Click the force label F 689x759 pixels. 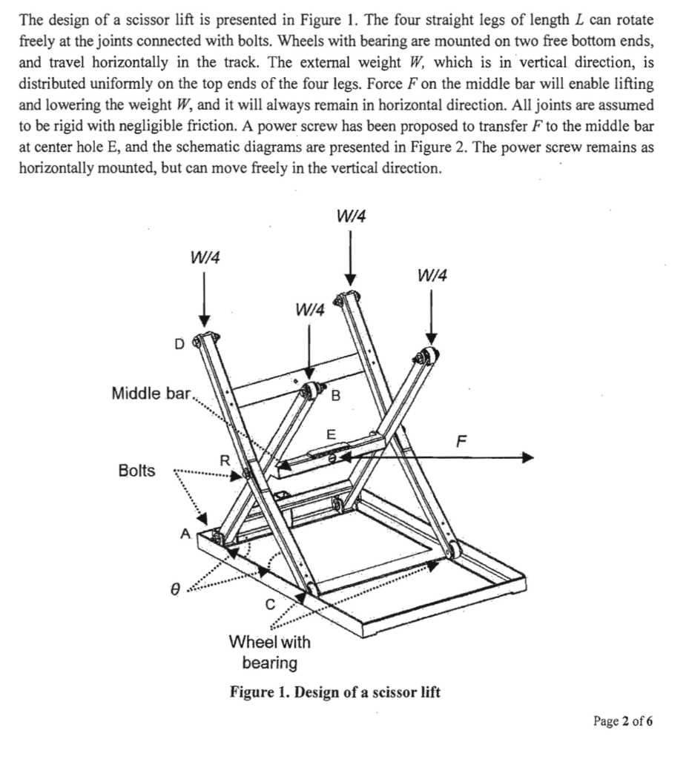click(462, 443)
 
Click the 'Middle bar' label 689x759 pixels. click(151, 392)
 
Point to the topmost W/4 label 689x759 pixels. click(351, 216)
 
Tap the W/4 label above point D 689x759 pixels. click(205, 257)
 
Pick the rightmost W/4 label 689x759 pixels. click(432, 276)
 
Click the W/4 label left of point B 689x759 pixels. click(310, 309)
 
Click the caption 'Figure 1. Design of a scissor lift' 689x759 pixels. click(335, 692)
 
